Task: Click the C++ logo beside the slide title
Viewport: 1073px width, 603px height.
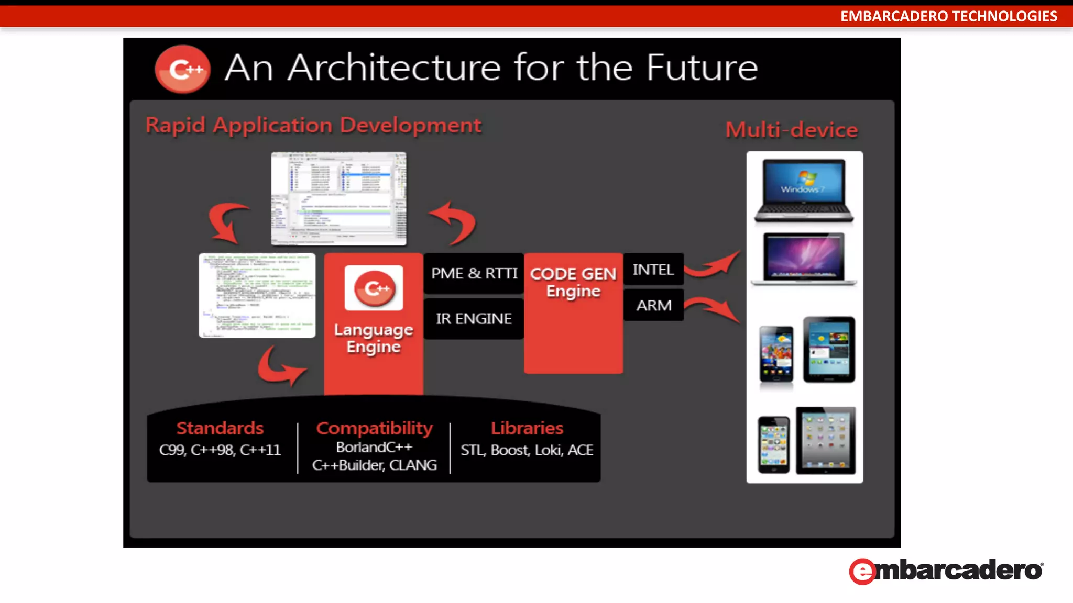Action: (x=182, y=69)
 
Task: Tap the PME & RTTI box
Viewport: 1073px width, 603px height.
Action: (x=474, y=273)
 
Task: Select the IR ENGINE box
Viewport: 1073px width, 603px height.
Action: (x=474, y=319)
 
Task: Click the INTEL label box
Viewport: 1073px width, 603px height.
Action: (x=653, y=270)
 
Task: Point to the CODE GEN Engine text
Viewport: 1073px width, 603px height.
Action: (x=573, y=282)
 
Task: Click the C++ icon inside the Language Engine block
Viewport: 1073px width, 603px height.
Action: (x=374, y=288)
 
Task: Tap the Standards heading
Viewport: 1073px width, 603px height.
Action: (x=220, y=428)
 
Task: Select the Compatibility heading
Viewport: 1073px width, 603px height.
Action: (x=374, y=428)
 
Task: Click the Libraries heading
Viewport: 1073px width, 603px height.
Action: (x=527, y=428)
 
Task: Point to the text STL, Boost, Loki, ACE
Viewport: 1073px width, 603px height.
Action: (x=527, y=450)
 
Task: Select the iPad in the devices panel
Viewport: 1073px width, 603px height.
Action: (x=826, y=440)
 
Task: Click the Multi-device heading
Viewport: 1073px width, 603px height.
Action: (x=792, y=130)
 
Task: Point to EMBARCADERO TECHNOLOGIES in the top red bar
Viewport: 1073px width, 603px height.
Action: (x=948, y=16)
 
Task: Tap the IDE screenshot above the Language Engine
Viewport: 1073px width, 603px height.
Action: (x=338, y=198)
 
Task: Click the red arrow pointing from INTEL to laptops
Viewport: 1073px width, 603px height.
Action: (x=712, y=264)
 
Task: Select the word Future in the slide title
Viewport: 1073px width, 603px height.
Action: (x=702, y=68)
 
